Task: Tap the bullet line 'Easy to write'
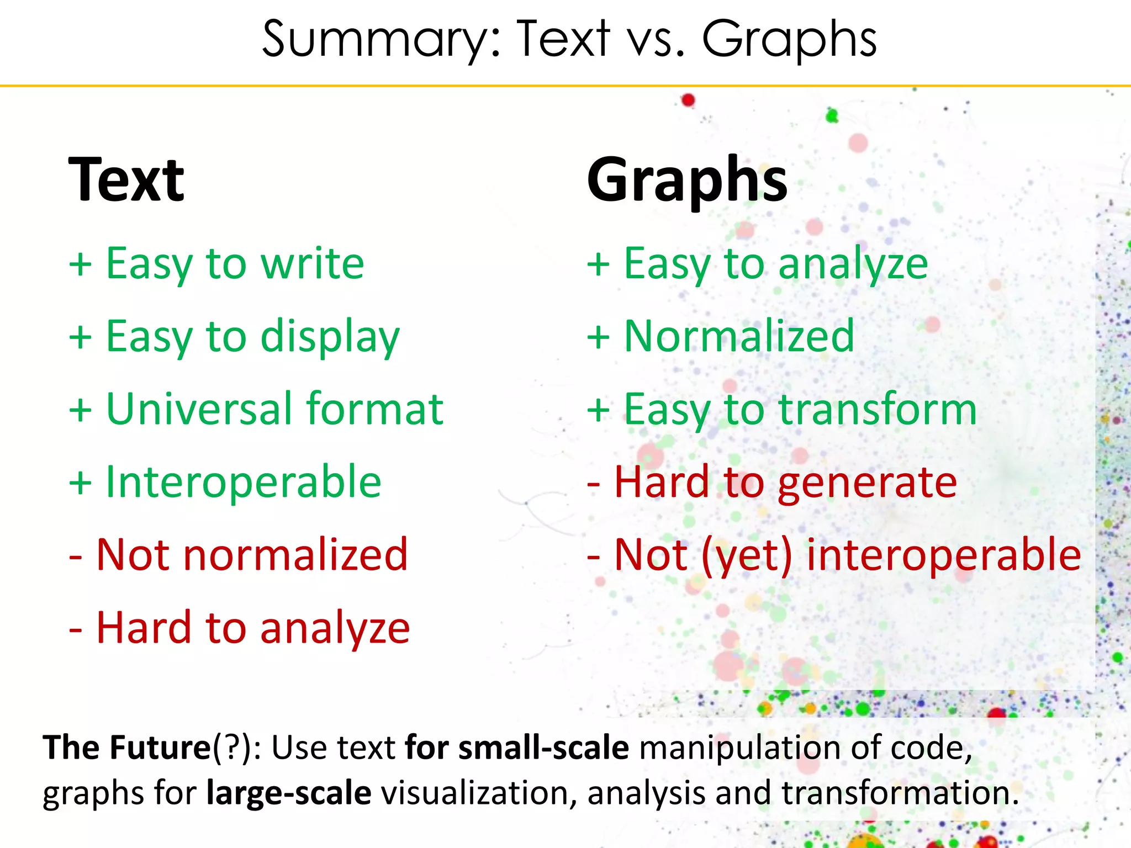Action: point(216,264)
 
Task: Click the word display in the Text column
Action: point(330,337)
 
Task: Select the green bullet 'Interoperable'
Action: point(243,482)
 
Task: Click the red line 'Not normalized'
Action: point(239,555)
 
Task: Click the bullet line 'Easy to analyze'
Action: point(757,264)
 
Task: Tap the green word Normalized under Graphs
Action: point(739,337)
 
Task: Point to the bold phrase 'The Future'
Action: point(127,748)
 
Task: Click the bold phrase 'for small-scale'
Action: point(516,748)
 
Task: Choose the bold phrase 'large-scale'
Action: point(288,793)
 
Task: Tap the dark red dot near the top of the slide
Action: point(688,100)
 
